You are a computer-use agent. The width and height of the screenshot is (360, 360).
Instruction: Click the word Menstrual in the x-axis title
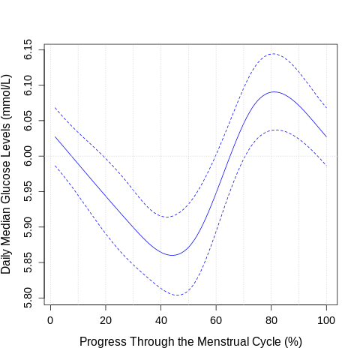[223, 342]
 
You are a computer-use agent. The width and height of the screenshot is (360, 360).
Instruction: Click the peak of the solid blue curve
[274, 91]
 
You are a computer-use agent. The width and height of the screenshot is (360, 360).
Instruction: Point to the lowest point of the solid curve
[172, 255]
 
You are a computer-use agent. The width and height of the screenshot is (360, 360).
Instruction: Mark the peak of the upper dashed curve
[272, 53]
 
